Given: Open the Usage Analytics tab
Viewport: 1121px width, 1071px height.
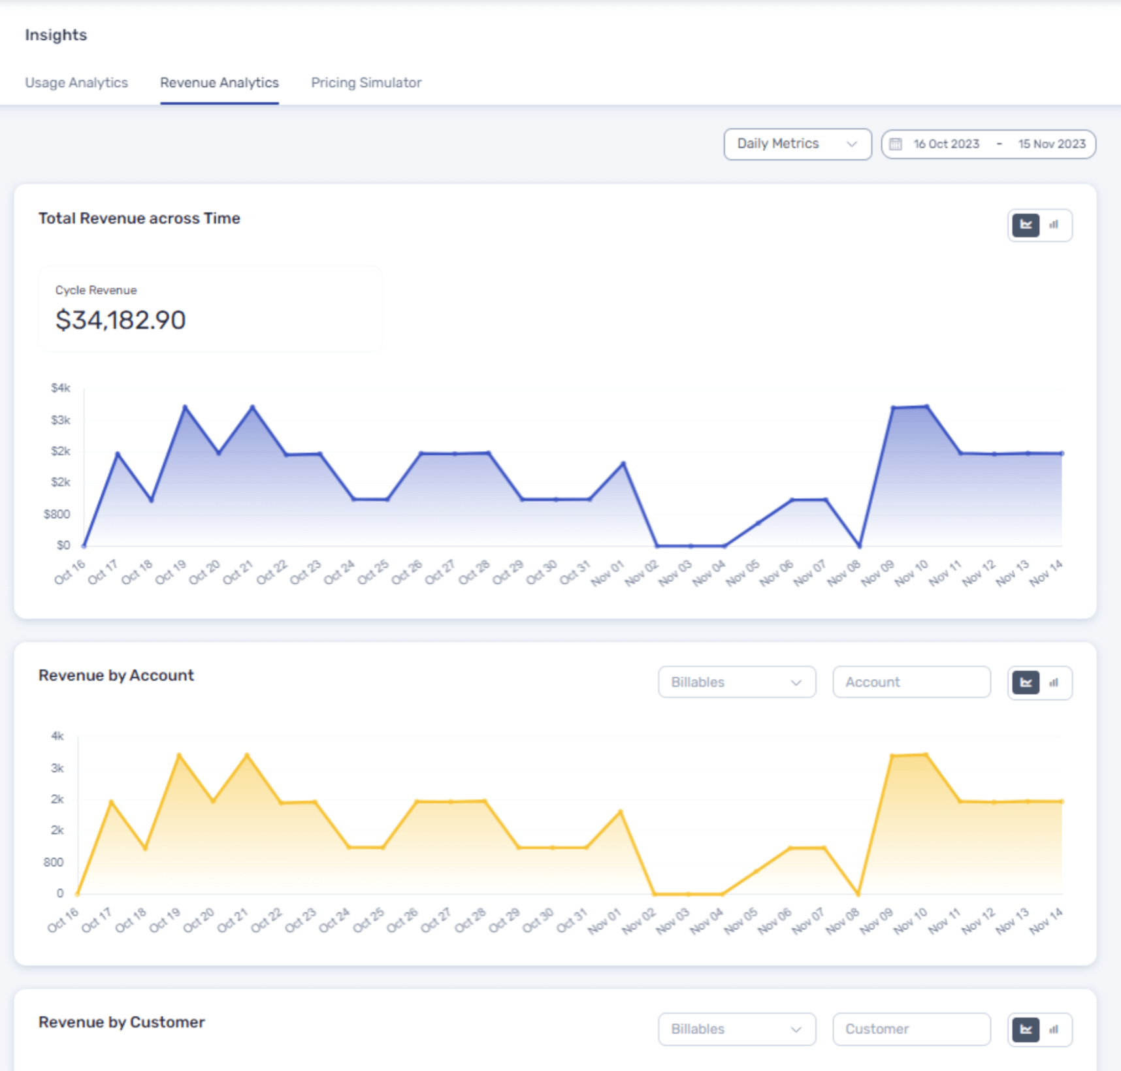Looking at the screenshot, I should coord(76,83).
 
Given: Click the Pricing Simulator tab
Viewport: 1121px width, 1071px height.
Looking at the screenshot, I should coord(366,83).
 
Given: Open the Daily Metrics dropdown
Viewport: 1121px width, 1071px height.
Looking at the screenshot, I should coord(796,144).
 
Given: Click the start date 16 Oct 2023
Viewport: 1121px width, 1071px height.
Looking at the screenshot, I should coord(946,144).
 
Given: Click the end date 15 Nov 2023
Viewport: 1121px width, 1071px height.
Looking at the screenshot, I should coord(1051,144).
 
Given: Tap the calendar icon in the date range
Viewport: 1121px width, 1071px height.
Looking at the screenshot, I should coord(896,144).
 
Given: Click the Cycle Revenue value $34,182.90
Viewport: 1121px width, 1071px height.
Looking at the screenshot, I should coord(121,320).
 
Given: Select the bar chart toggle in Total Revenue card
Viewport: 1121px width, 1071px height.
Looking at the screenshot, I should coord(1054,225).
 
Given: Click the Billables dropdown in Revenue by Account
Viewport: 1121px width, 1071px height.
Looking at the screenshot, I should coord(736,682).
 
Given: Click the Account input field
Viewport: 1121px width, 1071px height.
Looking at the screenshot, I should coord(911,682).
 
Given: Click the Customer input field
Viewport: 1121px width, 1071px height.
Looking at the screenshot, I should coord(911,1029).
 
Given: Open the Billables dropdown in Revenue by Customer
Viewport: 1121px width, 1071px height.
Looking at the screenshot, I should coord(736,1029).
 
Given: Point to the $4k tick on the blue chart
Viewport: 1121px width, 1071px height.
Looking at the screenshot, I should coord(60,388).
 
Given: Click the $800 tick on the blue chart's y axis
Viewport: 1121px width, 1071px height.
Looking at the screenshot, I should coord(57,515).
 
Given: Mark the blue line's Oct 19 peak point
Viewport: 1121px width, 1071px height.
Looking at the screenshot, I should coord(186,407).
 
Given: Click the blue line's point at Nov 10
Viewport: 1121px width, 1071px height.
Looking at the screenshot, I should coord(926,407).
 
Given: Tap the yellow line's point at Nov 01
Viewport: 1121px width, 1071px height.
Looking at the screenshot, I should coord(620,812).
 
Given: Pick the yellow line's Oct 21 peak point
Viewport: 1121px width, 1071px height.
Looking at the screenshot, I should coord(247,755).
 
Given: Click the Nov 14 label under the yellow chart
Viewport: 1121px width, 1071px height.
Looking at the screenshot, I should coord(1045,921).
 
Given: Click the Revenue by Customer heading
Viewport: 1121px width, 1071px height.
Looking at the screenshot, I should coord(122,1022).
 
